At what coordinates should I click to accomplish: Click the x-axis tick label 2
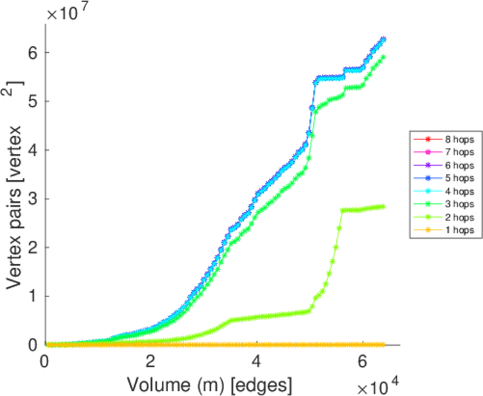click(x=151, y=362)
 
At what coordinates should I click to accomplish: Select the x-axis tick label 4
click(x=257, y=362)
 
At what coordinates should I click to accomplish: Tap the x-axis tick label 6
click(x=363, y=362)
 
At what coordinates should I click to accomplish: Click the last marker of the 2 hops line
click(x=383, y=207)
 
